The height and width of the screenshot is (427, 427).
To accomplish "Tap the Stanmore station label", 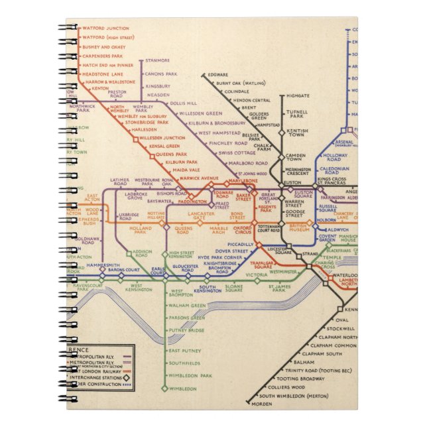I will [x=157, y=61].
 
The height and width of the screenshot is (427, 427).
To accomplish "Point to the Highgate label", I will [x=298, y=95].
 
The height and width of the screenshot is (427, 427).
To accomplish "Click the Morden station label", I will [x=264, y=404].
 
